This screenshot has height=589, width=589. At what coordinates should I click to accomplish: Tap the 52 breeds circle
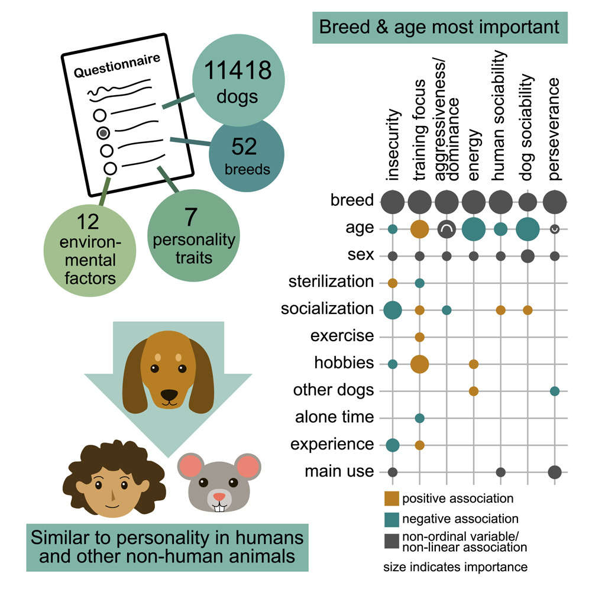point(247,155)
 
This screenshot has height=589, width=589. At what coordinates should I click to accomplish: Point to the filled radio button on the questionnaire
point(103,132)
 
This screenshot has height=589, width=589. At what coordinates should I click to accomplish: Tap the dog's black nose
point(169,394)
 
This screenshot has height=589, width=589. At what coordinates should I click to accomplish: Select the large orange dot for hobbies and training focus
point(419,364)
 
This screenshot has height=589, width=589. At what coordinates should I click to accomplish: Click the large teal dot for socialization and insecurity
point(392,309)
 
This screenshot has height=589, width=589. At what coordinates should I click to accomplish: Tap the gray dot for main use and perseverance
point(555,472)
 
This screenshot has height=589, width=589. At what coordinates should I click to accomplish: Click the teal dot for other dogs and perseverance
point(555,391)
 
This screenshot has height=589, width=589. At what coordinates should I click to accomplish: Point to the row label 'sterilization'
point(331,281)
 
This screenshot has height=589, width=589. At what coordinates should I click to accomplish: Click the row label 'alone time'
point(335,418)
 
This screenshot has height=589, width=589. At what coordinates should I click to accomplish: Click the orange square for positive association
point(391,498)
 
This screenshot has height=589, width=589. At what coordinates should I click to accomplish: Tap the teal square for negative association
point(391,519)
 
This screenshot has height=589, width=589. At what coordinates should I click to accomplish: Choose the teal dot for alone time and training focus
point(419,418)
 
